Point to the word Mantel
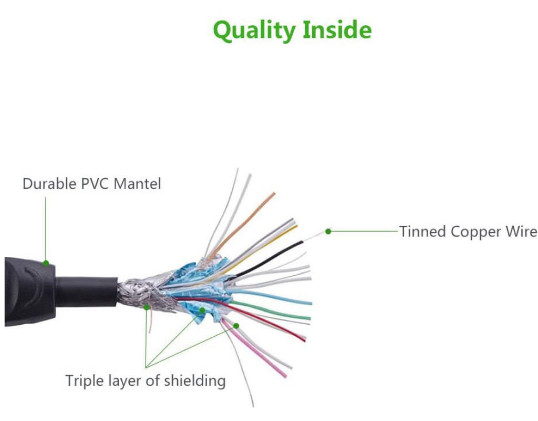pos(138,184)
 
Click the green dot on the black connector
pos(46,263)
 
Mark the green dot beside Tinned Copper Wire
pos(328,231)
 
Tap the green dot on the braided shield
pos(147,306)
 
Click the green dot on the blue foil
pos(203,310)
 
